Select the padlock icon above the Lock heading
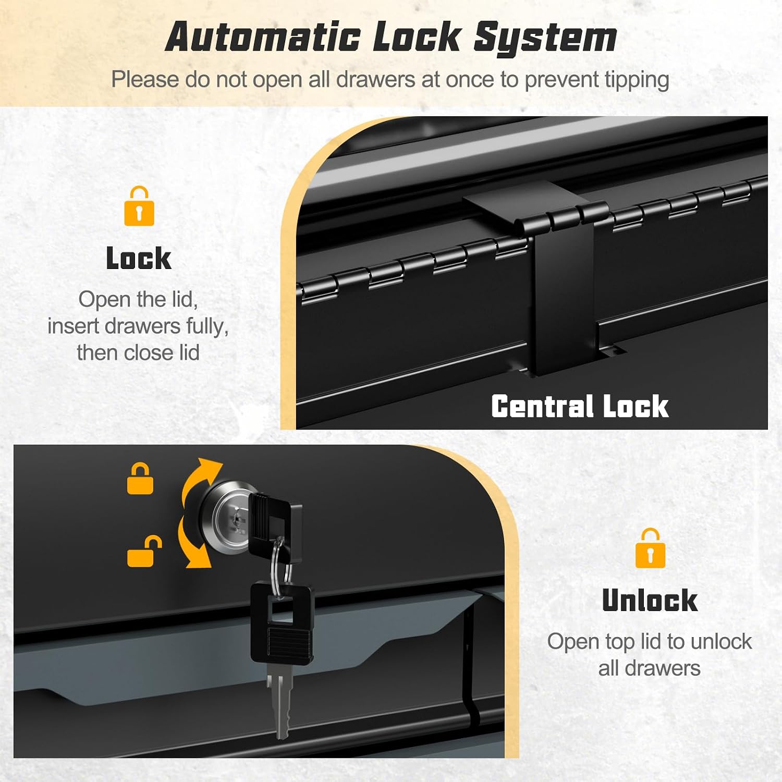point(139,206)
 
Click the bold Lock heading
point(139,258)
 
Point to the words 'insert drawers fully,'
point(138,326)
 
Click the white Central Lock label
point(580,406)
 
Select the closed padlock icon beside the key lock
point(140,478)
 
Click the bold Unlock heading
point(650,600)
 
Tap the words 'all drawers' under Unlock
point(650,668)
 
